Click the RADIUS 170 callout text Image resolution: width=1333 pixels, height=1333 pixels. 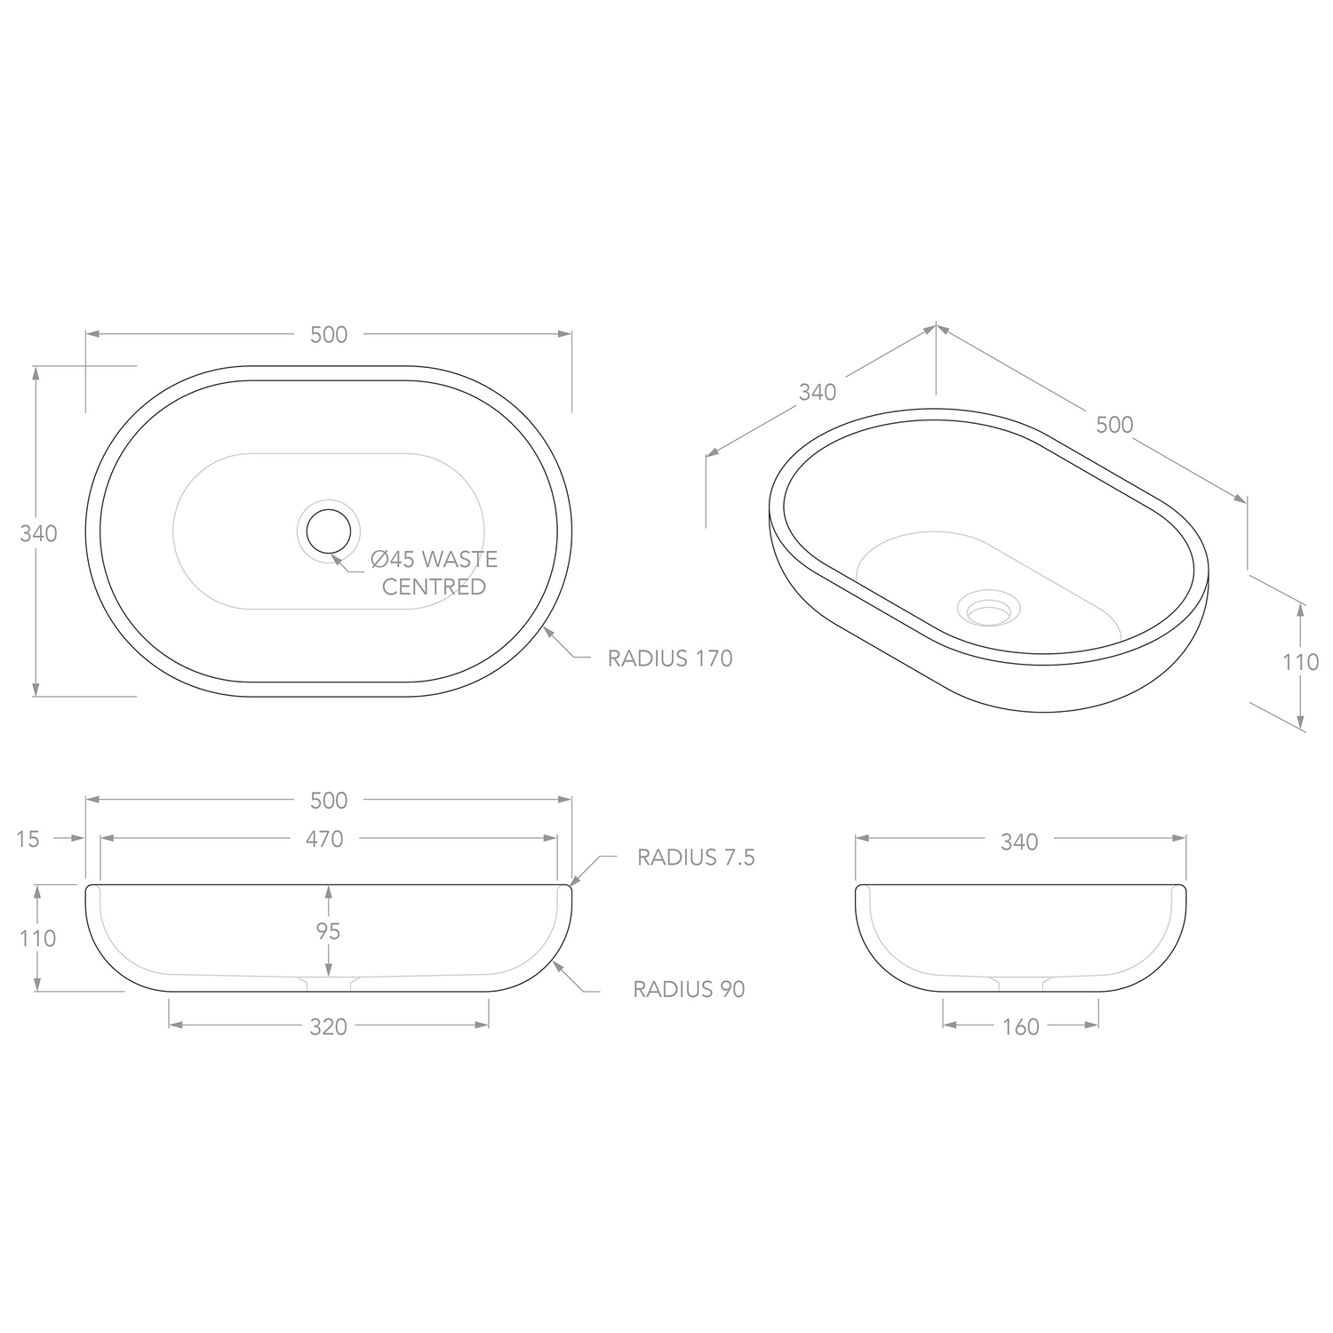[x=670, y=659]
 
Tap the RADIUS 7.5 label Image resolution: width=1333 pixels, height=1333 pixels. [x=696, y=857]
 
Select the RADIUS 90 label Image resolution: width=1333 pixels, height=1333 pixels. [x=689, y=989]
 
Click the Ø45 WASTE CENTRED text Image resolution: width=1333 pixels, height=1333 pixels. [x=435, y=573]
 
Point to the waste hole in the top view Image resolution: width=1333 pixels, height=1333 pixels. [x=329, y=531]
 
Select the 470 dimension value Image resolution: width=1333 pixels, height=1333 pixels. [x=324, y=839]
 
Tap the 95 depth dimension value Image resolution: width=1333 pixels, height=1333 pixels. [x=329, y=930]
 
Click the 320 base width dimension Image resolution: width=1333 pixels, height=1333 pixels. [x=328, y=1027]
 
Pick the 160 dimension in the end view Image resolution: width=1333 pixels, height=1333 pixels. [x=1020, y=1027]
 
